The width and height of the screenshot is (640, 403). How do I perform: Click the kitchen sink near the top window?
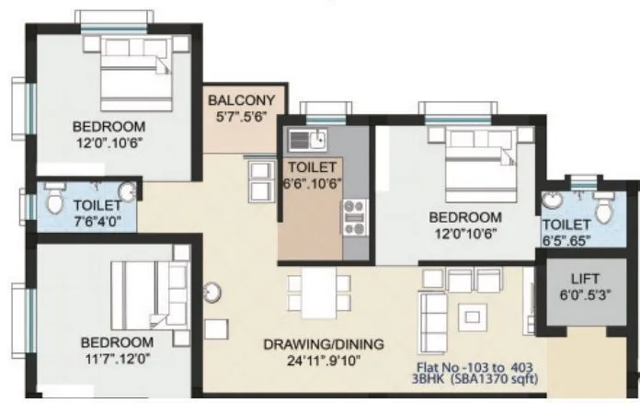tap(306, 141)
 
